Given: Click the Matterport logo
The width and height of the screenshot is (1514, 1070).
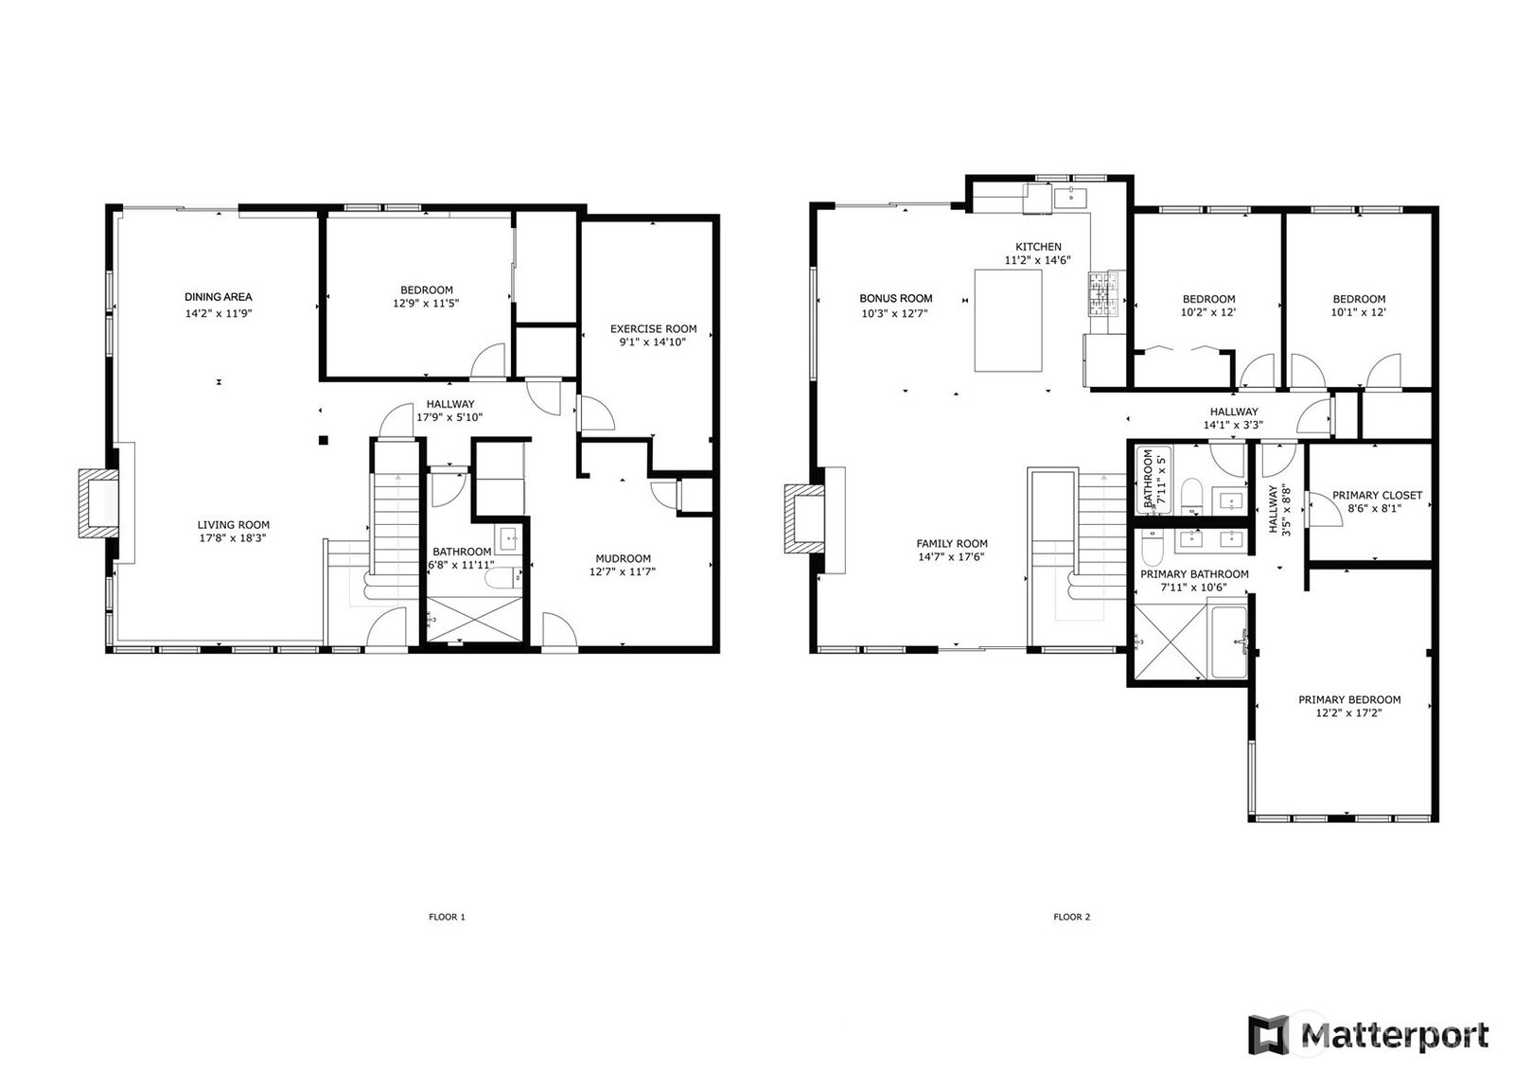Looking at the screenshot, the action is pyautogui.click(x=1368, y=1034).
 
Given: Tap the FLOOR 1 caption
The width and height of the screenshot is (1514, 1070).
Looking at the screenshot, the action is pyautogui.click(x=447, y=918).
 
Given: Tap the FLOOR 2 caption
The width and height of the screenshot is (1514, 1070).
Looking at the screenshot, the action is pyautogui.click(x=1072, y=918).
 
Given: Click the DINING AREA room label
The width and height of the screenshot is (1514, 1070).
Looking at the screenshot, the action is pyautogui.click(x=219, y=297).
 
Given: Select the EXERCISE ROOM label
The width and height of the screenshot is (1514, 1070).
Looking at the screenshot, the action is pyautogui.click(x=654, y=329).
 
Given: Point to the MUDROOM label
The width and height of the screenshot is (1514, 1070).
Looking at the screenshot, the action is pyautogui.click(x=624, y=558).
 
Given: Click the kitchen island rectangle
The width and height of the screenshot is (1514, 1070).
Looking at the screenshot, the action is pyautogui.click(x=1008, y=321).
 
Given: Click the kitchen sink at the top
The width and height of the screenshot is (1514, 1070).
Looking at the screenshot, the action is pyautogui.click(x=1070, y=198).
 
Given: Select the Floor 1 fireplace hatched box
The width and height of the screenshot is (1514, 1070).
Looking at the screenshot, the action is pyautogui.click(x=98, y=503).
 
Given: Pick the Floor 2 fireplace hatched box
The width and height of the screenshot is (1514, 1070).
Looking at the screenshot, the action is pyautogui.click(x=804, y=518).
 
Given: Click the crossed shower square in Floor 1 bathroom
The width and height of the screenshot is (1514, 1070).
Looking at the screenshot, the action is pyautogui.click(x=475, y=619).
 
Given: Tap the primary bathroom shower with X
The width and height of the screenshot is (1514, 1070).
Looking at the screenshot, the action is pyautogui.click(x=1170, y=642).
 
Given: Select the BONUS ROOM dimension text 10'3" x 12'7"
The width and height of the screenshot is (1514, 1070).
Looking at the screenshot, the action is pyautogui.click(x=895, y=314).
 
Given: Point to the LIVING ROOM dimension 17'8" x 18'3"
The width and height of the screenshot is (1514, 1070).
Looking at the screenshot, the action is pyautogui.click(x=233, y=538).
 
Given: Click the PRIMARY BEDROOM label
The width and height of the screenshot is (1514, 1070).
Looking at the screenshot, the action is pyautogui.click(x=1349, y=699).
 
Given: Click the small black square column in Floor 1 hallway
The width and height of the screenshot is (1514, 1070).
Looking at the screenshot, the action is pyautogui.click(x=323, y=441).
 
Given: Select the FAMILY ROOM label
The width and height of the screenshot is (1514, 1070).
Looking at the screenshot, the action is pyautogui.click(x=952, y=543).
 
